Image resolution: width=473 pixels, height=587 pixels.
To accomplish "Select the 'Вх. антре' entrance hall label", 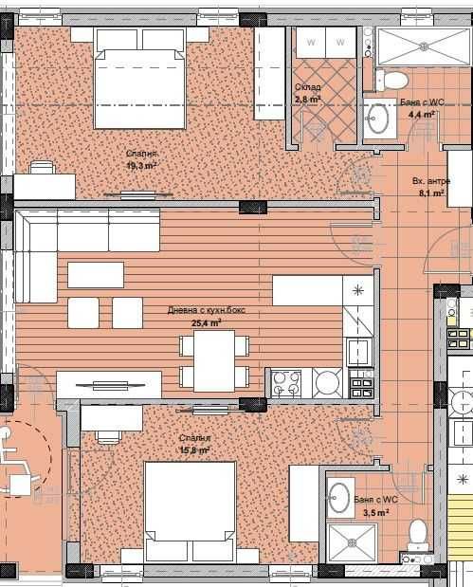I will (x=430, y=180).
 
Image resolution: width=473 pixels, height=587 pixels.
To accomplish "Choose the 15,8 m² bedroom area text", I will (x=194, y=450).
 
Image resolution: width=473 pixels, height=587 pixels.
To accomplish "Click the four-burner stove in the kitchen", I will (x=287, y=383).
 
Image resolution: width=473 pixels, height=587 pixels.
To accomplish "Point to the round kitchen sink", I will (x=328, y=383).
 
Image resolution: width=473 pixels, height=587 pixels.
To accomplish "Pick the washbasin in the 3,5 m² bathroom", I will (x=339, y=495).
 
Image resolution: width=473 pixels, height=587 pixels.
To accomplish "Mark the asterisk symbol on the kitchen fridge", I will (x=357, y=288).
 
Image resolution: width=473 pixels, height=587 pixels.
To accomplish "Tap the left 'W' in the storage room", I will (x=309, y=41).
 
